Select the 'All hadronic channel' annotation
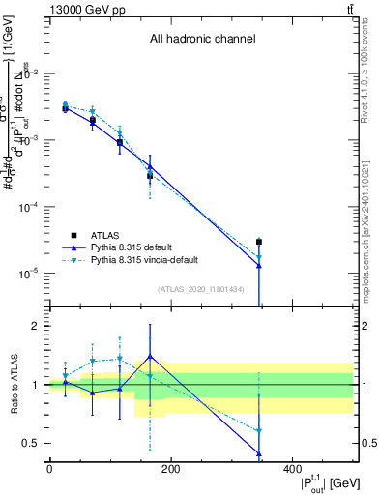tap(202, 40)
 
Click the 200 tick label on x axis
tap(170, 470)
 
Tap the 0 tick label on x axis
tap(49, 470)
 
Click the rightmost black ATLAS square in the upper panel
tap(259, 242)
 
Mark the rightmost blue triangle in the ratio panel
tap(259, 452)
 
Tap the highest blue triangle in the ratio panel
tap(150, 356)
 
